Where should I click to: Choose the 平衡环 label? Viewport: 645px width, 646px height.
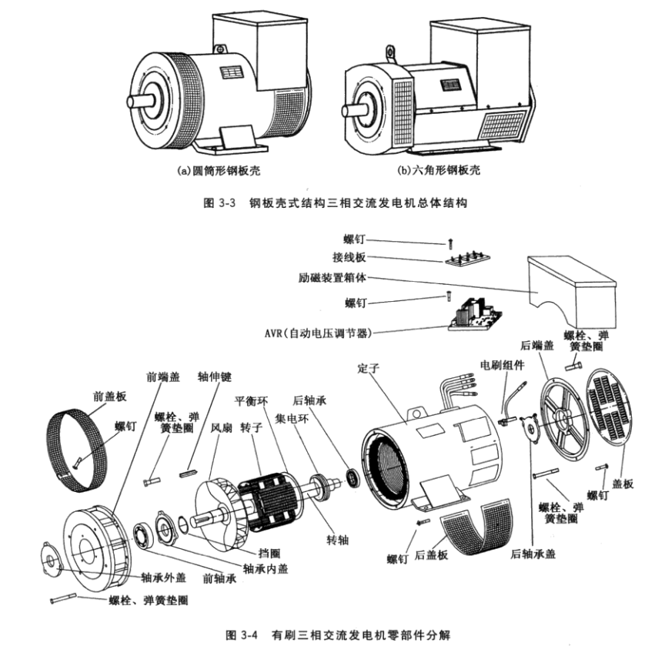tap(252, 400)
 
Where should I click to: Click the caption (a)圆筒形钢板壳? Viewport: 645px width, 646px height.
tap(217, 170)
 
